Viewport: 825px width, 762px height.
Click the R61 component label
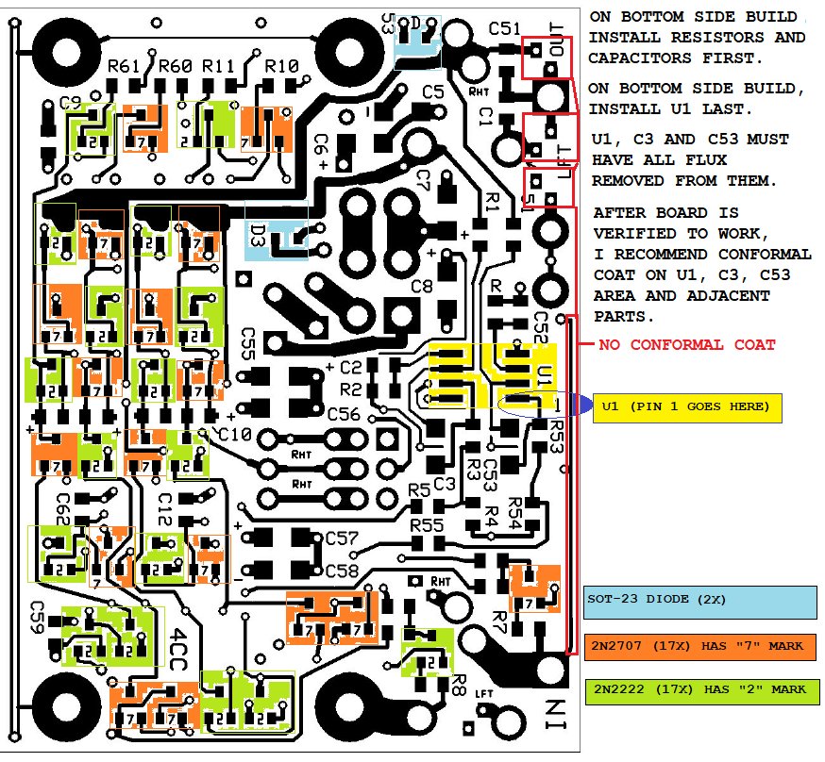124,67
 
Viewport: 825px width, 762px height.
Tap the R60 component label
176,67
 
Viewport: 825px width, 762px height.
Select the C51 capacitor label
505,28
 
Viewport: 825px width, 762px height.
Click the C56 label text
344,414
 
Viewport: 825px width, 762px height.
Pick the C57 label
342,538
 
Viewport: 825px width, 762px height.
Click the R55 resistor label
427,524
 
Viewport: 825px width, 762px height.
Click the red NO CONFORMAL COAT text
687,345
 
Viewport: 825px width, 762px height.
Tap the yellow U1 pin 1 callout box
687,406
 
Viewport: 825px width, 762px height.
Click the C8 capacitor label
421,285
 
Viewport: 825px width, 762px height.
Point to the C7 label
422,178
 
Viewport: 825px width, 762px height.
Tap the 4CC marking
178,648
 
